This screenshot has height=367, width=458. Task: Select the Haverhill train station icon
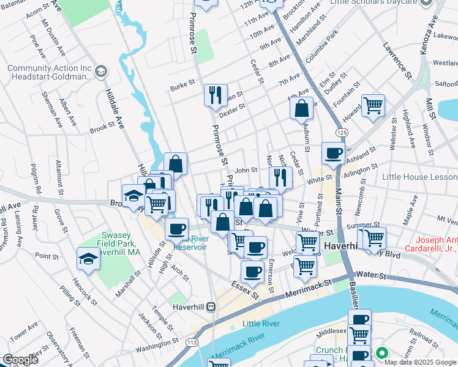pos(211,306)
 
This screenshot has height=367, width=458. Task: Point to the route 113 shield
pos(192,341)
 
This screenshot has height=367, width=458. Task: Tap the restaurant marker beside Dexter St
pos(216,95)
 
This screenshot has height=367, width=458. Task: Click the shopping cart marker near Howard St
pos(373,106)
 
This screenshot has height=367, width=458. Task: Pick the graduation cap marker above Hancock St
pos(89,259)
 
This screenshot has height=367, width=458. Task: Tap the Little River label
pos(261,323)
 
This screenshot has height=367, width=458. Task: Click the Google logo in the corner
pos(21,360)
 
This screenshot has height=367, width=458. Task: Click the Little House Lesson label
pos(419,177)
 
